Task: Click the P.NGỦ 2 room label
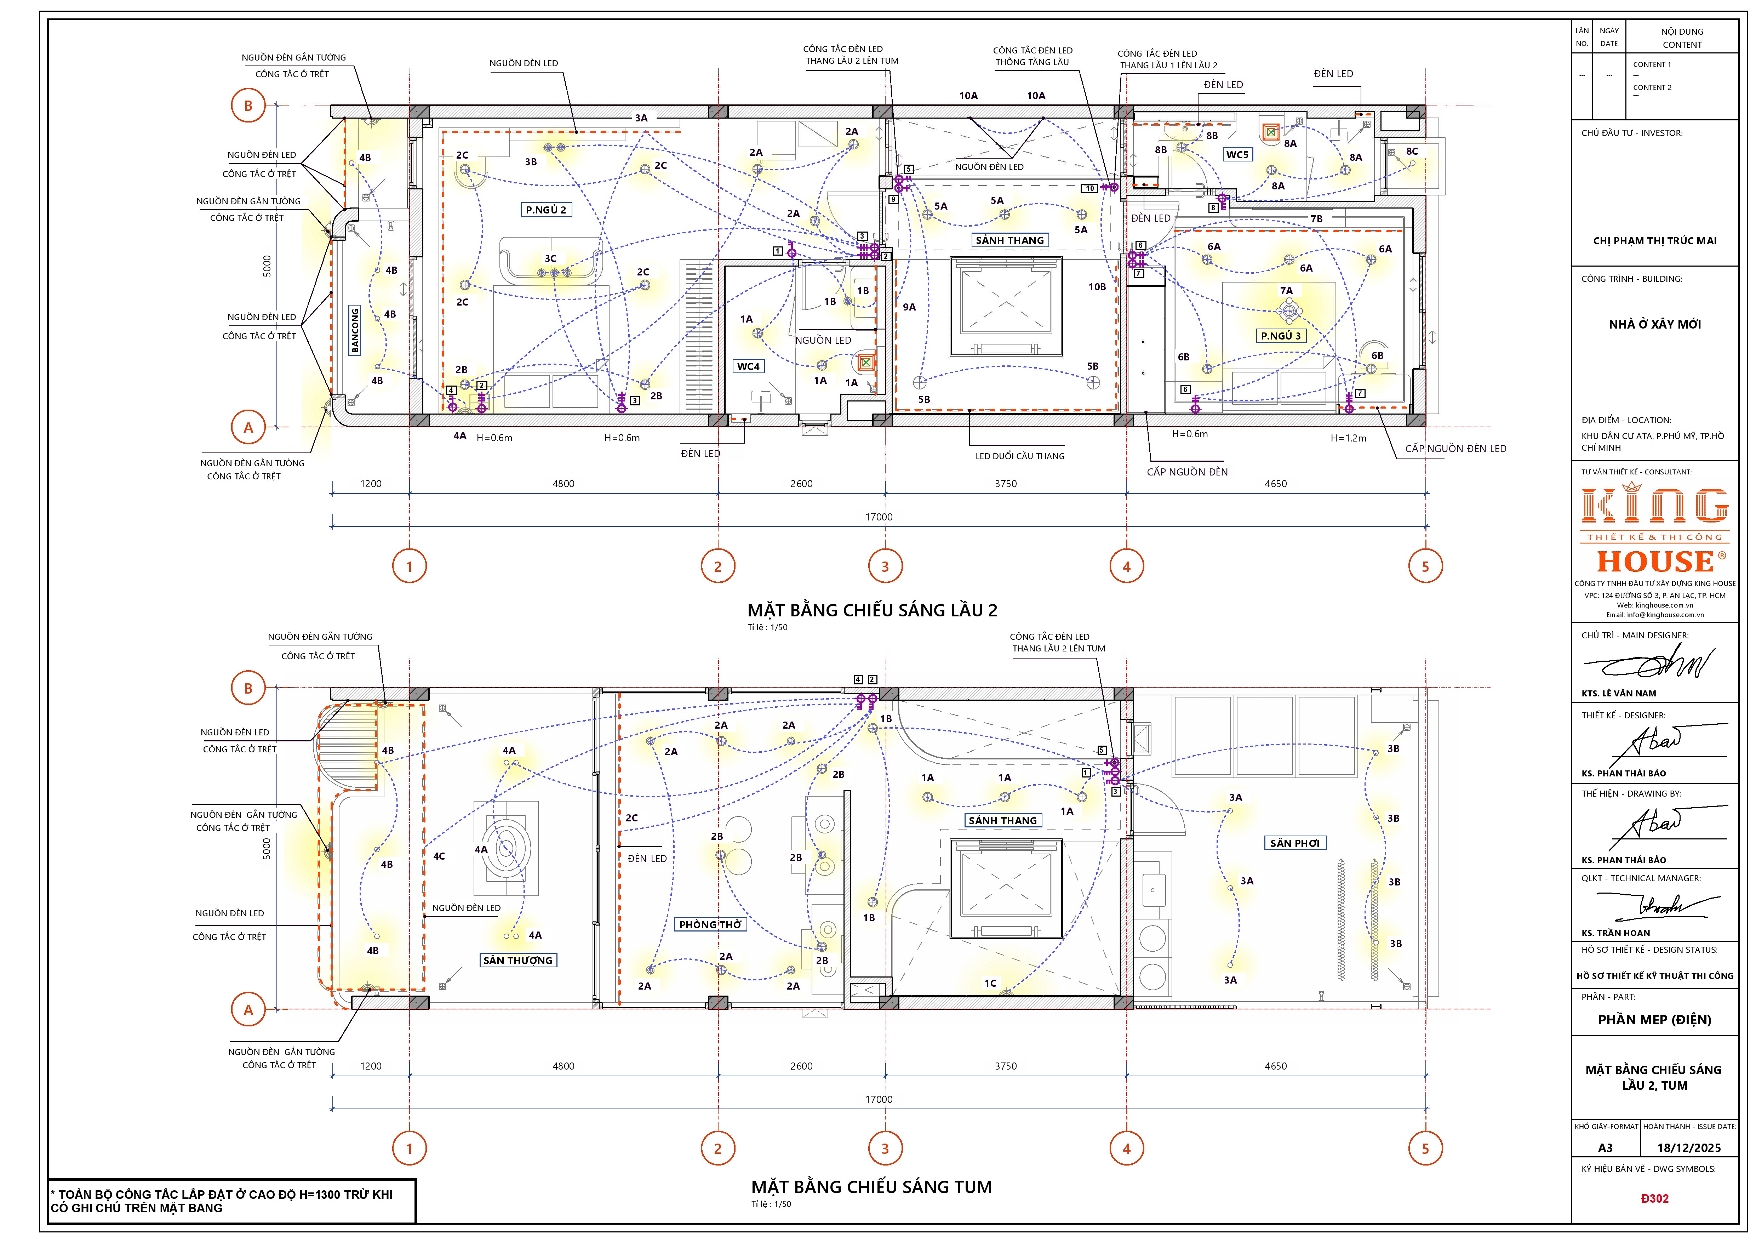click(x=546, y=210)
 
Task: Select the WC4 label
click(x=748, y=366)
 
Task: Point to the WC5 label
click(x=1237, y=154)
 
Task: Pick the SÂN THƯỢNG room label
click(x=518, y=961)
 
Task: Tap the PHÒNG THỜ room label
click(x=710, y=925)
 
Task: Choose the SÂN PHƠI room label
click(x=1295, y=843)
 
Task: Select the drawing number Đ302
click(x=1654, y=1198)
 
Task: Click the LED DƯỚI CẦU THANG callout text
click(x=1019, y=456)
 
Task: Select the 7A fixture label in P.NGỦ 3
click(x=1286, y=291)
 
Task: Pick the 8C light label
click(x=1412, y=152)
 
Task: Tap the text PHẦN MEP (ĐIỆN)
click(x=1654, y=1019)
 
